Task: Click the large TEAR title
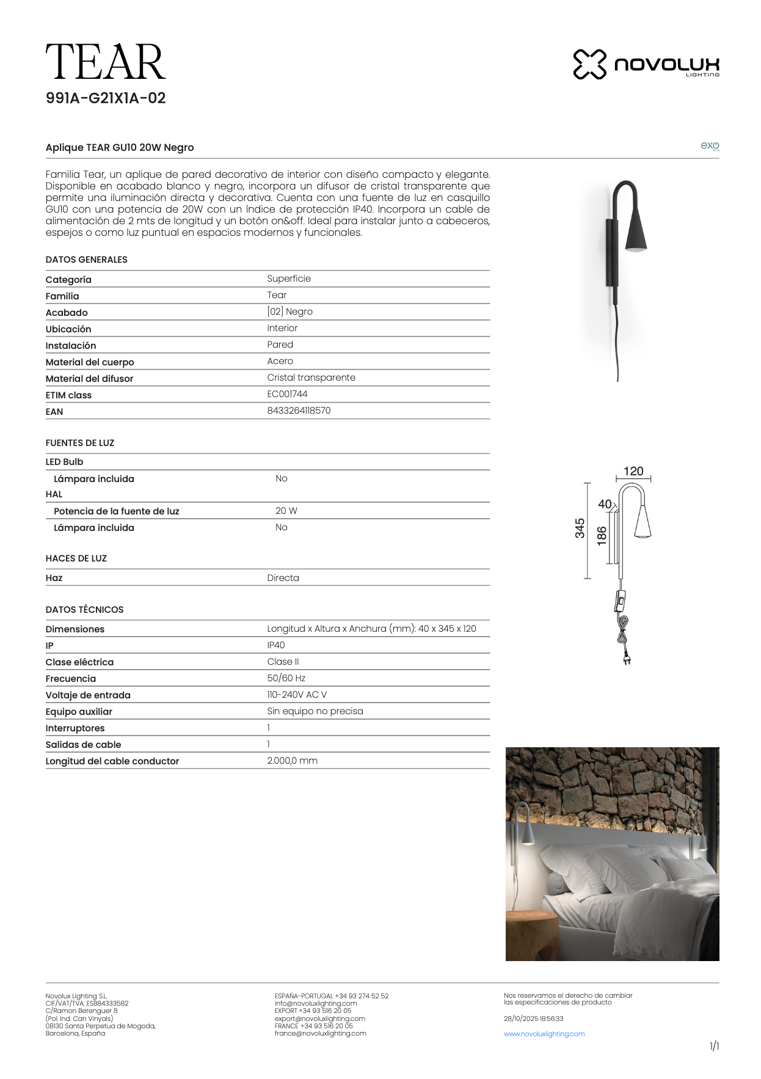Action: [105, 62]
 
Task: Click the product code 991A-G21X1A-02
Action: [106, 98]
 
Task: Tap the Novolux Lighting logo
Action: [646, 64]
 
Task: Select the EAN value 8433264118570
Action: [299, 411]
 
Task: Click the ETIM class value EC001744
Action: [287, 394]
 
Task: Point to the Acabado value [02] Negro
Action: [289, 312]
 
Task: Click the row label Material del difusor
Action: [89, 379]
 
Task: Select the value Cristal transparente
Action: [311, 378]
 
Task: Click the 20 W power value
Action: [286, 511]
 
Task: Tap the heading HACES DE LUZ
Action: [76, 558]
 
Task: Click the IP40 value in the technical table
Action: [275, 645]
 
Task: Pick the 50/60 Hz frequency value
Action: [286, 678]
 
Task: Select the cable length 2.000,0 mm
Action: [292, 761]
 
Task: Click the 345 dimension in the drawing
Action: [580, 529]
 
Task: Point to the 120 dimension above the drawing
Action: [633, 471]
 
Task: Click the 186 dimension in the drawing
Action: [602, 535]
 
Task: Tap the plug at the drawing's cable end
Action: [627, 659]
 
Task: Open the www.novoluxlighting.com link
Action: [544, 1034]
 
